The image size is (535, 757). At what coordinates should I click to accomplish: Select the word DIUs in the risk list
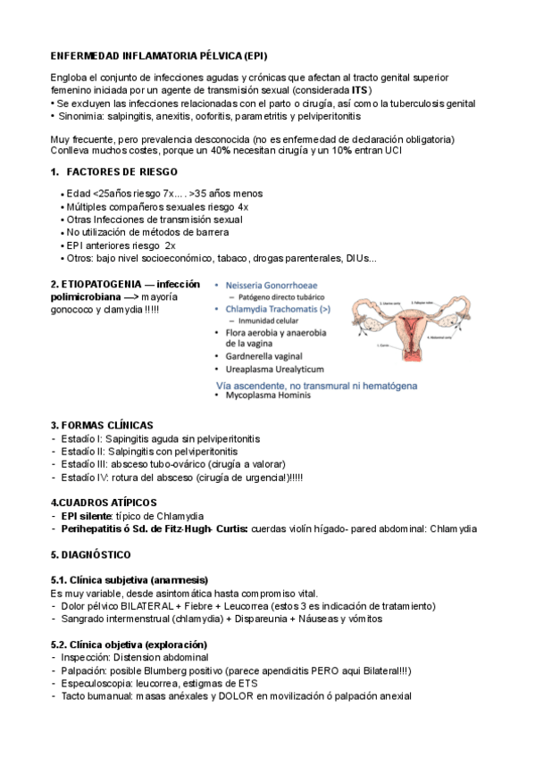(357, 259)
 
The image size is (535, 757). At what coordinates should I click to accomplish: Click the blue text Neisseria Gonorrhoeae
(277, 285)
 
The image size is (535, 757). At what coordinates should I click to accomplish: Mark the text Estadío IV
(82, 478)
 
